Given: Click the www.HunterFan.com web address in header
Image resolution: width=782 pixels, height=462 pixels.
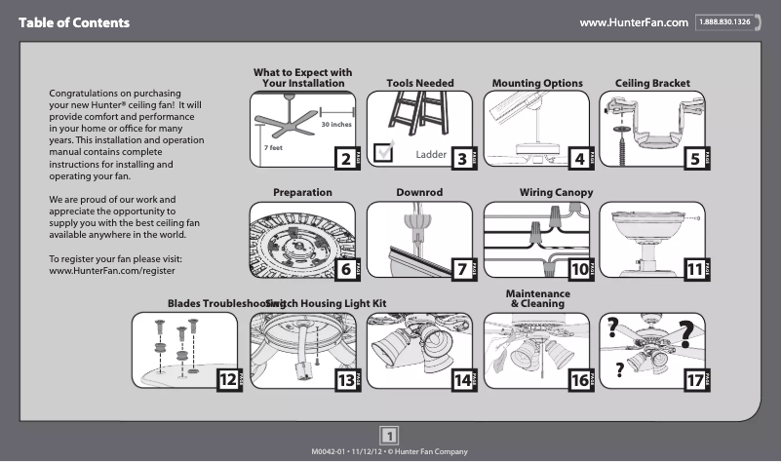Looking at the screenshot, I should (634, 21).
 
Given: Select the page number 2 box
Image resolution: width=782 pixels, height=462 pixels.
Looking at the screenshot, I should (343, 159).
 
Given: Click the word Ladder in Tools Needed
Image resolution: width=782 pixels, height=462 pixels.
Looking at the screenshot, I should (430, 154).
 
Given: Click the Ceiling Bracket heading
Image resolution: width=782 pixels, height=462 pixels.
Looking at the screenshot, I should (652, 84).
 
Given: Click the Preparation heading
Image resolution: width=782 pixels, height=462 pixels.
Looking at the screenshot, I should (302, 193).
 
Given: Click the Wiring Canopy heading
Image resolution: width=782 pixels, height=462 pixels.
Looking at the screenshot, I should (556, 193).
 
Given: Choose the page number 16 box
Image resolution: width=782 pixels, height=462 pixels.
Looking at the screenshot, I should (578, 381).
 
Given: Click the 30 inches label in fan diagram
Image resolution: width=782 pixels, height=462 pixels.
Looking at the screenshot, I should (336, 126).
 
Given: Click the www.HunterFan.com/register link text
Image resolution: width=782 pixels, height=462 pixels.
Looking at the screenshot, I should (111, 270).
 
